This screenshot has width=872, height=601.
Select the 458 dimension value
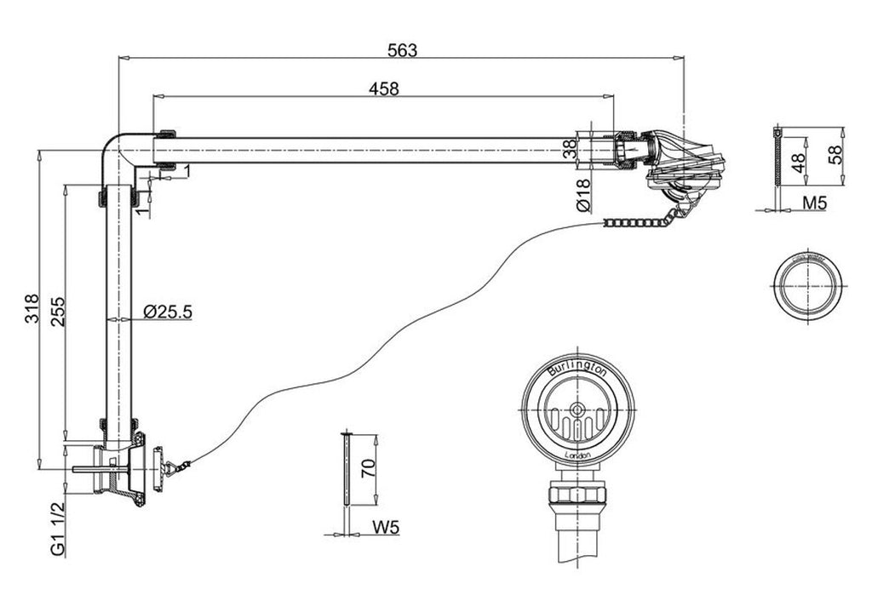[383, 87]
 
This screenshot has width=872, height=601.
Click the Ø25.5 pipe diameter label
[168, 312]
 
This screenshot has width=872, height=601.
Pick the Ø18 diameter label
[583, 197]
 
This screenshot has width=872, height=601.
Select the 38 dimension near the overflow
[570, 150]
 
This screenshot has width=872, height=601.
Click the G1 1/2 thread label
[57, 529]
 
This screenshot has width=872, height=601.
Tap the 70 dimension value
[367, 468]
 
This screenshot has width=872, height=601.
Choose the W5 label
[385, 528]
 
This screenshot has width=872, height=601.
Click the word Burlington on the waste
[577, 370]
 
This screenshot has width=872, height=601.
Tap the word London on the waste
[578, 455]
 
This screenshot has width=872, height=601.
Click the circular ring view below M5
[806, 287]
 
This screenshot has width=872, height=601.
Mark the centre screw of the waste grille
[578, 409]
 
